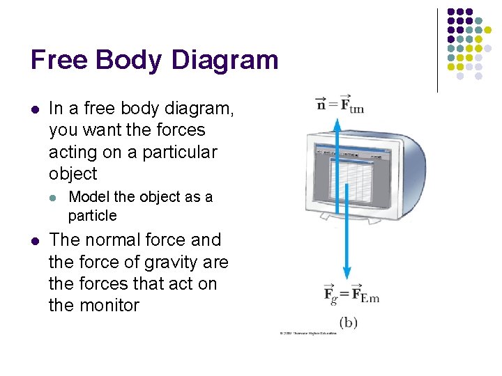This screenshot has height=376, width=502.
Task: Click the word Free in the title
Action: tap(61, 60)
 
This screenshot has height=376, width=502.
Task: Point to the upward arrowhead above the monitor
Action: tap(337, 123)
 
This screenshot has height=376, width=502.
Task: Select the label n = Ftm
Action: tap(340, 104)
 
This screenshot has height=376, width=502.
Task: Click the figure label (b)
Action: tap(349, 322)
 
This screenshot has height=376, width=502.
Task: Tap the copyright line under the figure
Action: tap(307, 334)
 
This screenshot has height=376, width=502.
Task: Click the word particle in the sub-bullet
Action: tap(93, 216)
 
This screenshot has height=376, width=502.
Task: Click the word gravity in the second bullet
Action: tap(166, 262)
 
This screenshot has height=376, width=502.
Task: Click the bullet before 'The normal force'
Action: tap(34, 241)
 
